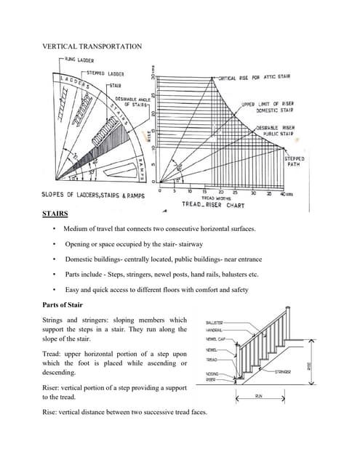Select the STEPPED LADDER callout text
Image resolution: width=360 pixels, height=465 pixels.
pyautogui.click(x=105, y=73)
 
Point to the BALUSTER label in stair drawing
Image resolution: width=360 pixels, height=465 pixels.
pyautogui.click(x=215, y=321)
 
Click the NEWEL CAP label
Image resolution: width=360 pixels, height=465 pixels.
pyautogui.click(x=215, y=339)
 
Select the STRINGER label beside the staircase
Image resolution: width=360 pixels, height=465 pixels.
pyautogui.click(x=284, y=371)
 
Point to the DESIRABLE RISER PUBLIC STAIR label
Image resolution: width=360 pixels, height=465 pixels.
pyautogui.click(x=273, y=131)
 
